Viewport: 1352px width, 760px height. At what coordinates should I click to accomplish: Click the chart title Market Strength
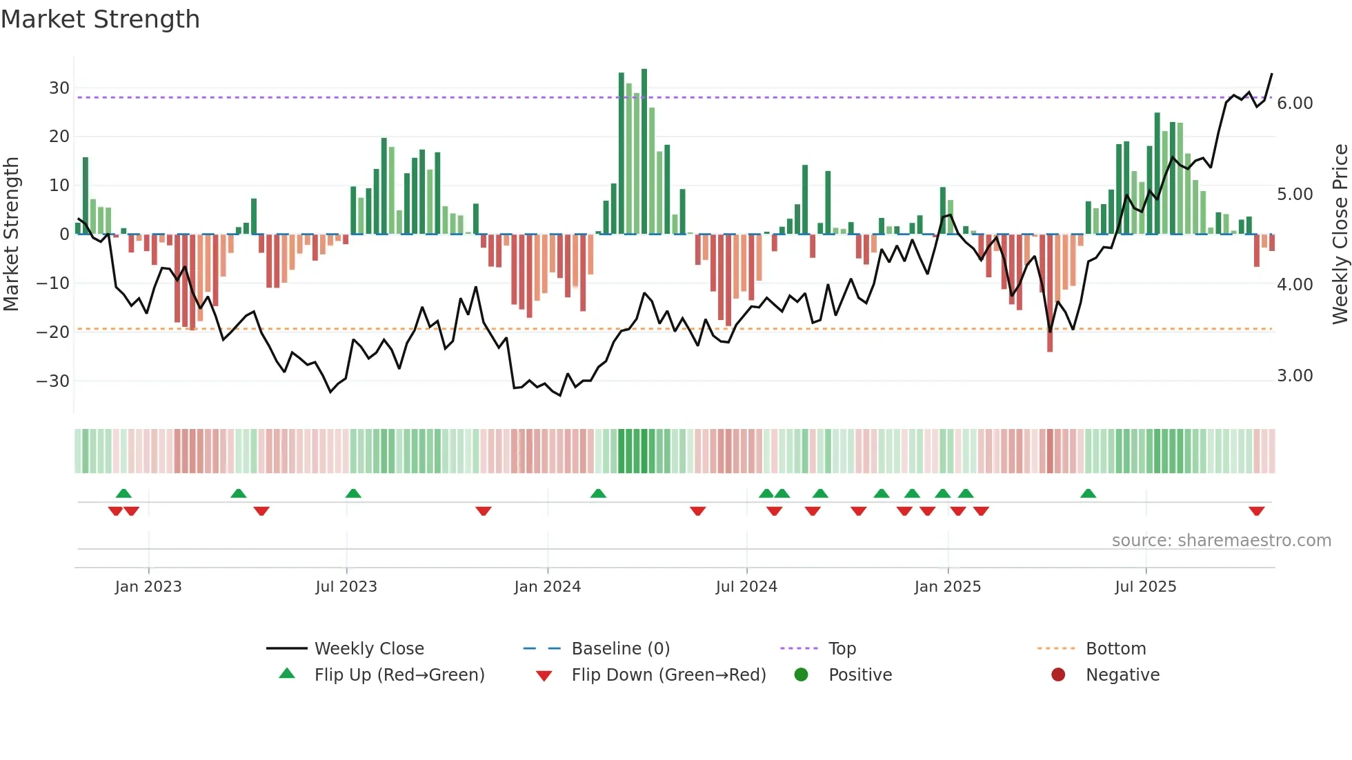coord(100,19)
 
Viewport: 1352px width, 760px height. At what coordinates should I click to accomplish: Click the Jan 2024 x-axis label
coord(547,586)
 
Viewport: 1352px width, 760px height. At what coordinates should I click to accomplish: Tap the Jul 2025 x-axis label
coord(1145,586)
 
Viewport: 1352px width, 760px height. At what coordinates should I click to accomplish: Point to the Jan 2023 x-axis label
coord(148,586)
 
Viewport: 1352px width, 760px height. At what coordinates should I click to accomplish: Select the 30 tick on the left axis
coord(59,88)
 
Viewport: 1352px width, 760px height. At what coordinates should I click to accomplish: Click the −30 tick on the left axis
coord(54,381)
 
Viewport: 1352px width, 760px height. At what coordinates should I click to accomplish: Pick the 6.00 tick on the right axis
coord(1295,103)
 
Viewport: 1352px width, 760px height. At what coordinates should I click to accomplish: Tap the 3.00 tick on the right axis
coord(1295,376)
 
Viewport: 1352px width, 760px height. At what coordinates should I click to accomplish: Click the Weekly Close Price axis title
coord(1340,234)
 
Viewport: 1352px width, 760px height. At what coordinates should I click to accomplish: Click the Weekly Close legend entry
coord(368,648)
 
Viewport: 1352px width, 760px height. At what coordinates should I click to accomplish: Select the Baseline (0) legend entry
coord(620,648)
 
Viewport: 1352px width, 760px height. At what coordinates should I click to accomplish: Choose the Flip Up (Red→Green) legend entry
coord(399,674)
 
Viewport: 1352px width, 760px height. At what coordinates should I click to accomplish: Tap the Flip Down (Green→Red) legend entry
coord(668,674)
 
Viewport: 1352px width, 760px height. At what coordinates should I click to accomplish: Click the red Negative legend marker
coord(1058,674)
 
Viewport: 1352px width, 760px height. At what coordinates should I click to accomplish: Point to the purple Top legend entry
coord(842,648)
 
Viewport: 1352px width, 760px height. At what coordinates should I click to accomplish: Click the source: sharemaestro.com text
coord(1221,541)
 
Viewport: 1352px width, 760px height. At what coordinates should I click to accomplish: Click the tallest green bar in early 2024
coord(644,152)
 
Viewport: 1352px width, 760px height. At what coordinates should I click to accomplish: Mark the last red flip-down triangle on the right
coord(1256,511)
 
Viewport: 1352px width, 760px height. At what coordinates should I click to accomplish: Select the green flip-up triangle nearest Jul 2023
coord(353,493)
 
